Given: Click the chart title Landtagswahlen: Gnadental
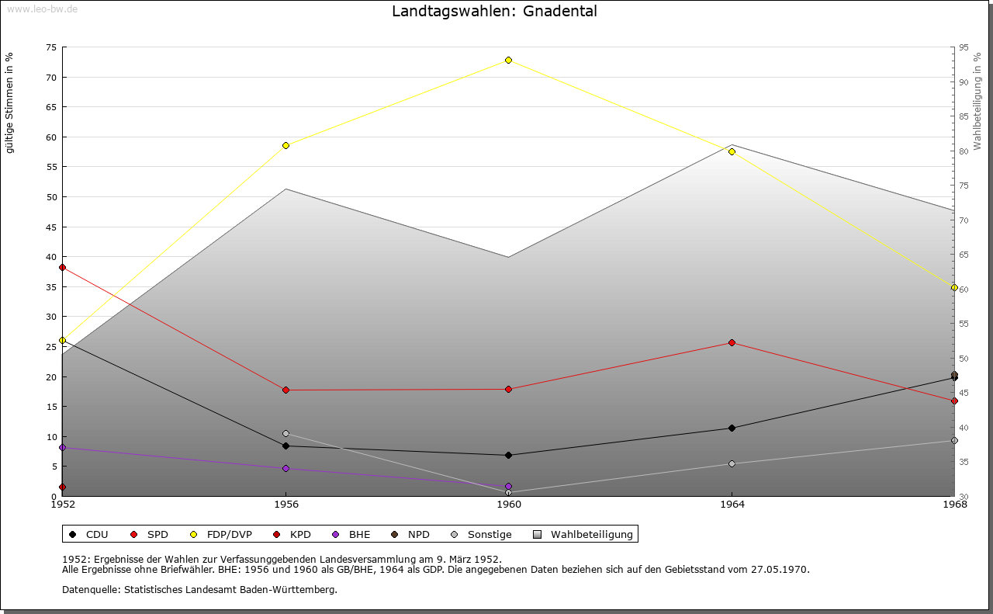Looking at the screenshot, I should click(x=494, y=11).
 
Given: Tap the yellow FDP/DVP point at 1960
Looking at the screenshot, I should click(x=508, y=60).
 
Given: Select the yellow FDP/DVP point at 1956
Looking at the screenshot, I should click(x=285, y=145).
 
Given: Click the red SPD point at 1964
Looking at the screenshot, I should click(x=732, y=342).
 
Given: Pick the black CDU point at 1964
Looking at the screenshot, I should click(x=732, y=428).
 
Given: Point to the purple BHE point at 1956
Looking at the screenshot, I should click(x=285, y=468).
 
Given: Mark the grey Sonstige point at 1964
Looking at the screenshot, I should click(x=732, y=463).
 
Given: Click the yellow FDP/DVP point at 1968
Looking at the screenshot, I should click(x=954, y=287).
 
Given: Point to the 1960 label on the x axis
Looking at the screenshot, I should click(x=509, y=505).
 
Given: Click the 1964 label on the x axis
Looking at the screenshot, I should click(x=732, y=505).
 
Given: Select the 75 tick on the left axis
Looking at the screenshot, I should click(x=51, y=47).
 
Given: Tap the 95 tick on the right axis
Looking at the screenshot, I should click(x=964, y=47).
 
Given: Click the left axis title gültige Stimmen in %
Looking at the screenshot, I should click(x=9, y=102).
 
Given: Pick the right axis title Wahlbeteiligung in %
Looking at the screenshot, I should click(x=977, y=100).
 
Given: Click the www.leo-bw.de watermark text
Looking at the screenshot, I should click(x=41, y=9).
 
